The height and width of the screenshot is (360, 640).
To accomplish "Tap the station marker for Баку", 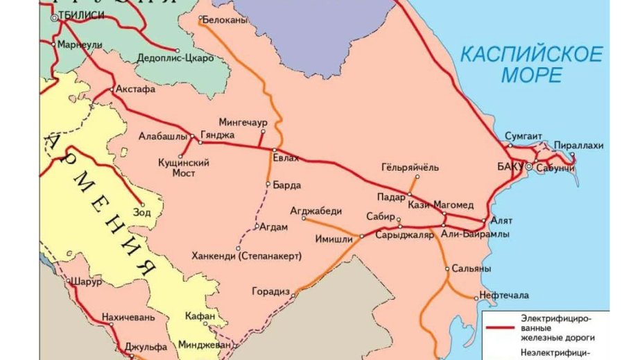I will click(528, 167).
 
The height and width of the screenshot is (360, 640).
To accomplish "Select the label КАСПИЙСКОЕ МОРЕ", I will click(532, 65).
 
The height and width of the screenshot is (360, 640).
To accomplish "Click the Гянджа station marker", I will click(200, 143).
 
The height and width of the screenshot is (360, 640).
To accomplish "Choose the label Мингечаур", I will click(243, 122).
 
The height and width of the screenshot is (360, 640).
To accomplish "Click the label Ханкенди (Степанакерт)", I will click(246, 256).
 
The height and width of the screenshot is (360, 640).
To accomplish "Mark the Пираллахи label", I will click(578, 146).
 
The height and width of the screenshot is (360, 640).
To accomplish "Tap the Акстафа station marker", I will click(112, 89).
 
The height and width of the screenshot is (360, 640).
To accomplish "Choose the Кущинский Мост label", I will click(184, 168).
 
